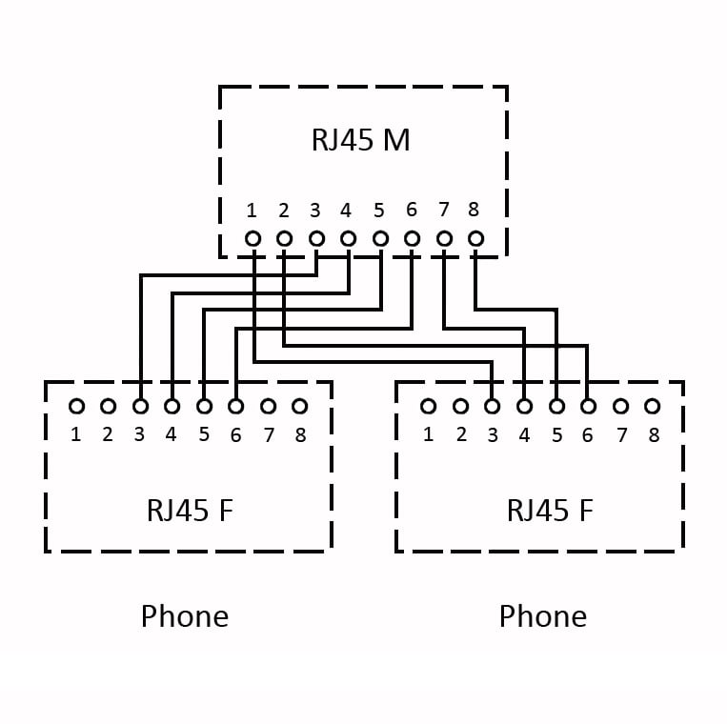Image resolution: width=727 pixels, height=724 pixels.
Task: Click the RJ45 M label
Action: point(360,140)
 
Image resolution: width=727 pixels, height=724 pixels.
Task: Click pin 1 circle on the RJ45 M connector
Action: point(252,239)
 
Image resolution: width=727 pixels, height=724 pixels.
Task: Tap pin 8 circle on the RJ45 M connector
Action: point(475,239)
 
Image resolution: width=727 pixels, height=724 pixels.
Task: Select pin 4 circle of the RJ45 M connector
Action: point(348,239)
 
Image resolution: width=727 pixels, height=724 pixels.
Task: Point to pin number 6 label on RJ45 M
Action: point(412,211)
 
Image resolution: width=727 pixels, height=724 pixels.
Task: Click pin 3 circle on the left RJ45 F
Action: point(140,407)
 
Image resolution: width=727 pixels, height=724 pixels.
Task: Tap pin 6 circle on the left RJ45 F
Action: point(235,407)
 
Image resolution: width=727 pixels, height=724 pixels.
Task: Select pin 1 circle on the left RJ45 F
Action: point(76,407)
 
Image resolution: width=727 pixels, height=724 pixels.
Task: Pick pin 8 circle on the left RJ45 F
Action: point(299,407)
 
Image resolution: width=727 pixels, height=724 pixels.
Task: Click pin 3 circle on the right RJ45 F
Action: point(492,407)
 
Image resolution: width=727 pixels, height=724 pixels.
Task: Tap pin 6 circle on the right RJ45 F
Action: point(588,407)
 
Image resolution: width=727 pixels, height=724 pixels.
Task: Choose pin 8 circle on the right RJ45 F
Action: point(652,407)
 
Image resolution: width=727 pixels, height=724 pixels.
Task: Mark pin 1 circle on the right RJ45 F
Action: point(428,407)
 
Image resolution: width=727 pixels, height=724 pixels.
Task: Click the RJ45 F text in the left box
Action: point(189,511)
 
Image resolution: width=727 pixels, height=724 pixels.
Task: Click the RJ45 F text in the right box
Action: point(550,511)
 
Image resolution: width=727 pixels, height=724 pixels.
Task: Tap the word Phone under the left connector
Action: point(185,616)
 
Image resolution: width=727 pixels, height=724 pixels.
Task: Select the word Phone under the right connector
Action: point(543,616)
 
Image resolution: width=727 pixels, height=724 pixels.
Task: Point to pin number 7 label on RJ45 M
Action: point(443,211)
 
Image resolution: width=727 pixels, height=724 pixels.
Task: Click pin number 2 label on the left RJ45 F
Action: point(108,436)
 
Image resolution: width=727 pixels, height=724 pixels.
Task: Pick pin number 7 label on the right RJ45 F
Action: point(621,436)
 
